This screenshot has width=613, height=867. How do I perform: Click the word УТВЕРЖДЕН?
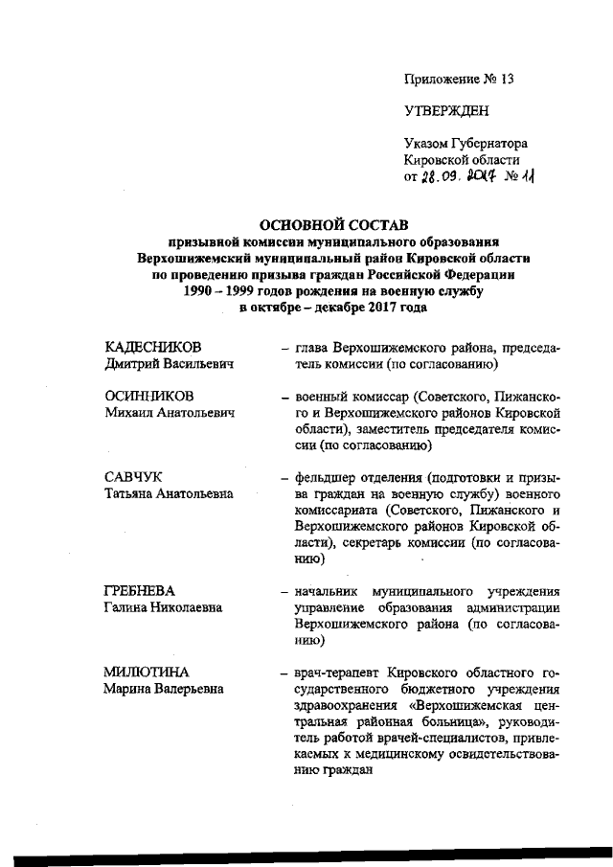click(446, 110)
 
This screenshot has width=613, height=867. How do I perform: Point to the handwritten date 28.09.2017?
click(449, 178)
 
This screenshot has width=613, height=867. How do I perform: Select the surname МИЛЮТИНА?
click(148, 673)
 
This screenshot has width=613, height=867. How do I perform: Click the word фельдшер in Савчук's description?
click(328, 477)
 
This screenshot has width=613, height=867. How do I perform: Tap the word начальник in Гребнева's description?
click(331, 591)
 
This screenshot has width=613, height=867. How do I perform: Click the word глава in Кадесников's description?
click(314, 347)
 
